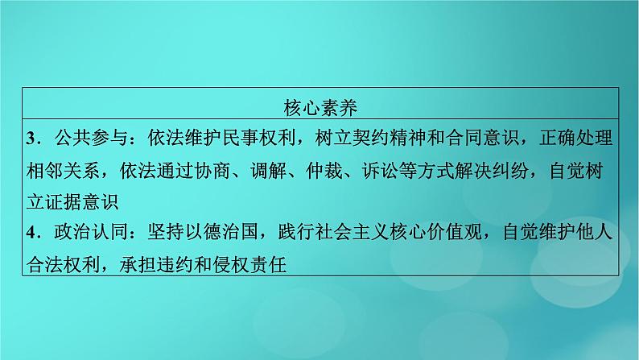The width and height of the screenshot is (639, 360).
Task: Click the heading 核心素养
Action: click(x=320, y=108)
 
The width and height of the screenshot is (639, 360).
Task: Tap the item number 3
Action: click(x=31, y=139)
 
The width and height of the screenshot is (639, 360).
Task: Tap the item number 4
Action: click(x=31, y=233)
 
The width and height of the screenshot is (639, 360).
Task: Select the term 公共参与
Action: click(x=92, y=139)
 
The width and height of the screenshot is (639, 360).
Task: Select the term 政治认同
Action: click(x=92, y=233)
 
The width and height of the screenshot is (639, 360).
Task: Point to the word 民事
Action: click(x=241, y=139)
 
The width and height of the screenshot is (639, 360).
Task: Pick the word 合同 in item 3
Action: click(x=464, y=139)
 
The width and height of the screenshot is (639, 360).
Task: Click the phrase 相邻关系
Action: click(x=64, y=170)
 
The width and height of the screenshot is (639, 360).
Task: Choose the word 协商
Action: click(x=212, y=170)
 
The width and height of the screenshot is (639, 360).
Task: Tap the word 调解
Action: click(x=269, y=170)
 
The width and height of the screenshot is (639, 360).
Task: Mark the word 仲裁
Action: click(x=325, y=170)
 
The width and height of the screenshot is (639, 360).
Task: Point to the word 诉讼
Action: click(x=381, y=170)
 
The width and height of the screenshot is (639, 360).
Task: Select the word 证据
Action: click(x=64, y=201)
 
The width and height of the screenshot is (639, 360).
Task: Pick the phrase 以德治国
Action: click(x=222, y=233)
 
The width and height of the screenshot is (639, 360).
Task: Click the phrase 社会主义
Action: click(x=352, y=233)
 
